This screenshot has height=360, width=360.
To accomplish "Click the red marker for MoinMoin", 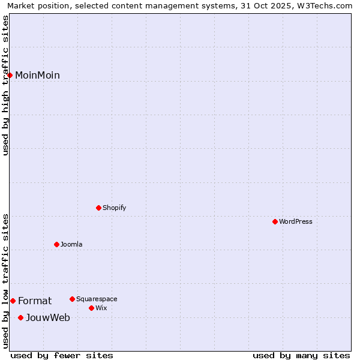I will click(10, 75).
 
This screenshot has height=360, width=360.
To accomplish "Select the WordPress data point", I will click(275, 221).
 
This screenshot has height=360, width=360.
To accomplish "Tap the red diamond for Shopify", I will click(98, 208).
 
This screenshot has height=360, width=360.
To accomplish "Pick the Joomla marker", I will click(56, 244).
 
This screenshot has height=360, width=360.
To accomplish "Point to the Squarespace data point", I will click(72, 299).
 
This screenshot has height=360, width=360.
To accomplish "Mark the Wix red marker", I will click(91, 308).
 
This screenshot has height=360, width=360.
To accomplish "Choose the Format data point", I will click(13, 301).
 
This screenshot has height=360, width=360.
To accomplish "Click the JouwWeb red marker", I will click(20, 317).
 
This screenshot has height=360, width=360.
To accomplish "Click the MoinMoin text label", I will click(37, 75).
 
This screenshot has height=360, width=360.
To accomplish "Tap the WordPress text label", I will click(296, 221).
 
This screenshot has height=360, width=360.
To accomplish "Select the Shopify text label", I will click(114, 208).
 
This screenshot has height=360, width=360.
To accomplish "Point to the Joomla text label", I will click(71, 244).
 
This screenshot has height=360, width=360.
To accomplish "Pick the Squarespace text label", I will click(97, 299).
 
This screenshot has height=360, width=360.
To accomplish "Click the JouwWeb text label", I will click(48, 317).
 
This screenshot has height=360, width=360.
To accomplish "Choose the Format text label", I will click(35, 301).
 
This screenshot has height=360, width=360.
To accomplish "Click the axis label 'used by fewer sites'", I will click(62, 355).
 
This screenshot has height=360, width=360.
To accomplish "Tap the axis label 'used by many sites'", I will click(301, 355).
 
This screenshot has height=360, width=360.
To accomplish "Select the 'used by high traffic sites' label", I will click(5, 85).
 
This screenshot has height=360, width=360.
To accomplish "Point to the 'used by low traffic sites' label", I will click(5, 280).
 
